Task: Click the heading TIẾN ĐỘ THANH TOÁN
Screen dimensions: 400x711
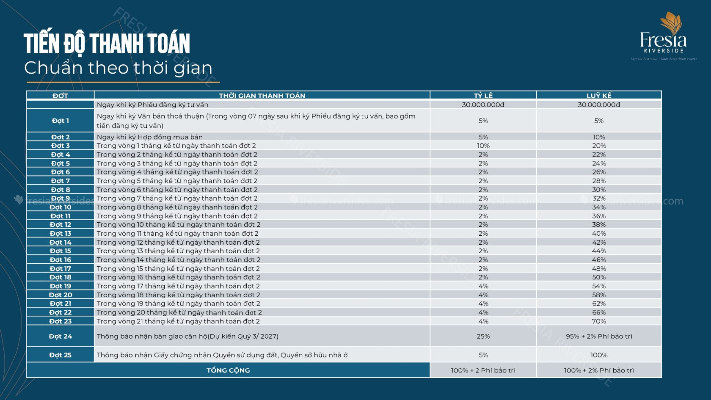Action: (x=107, y=43)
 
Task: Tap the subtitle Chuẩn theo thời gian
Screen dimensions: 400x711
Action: (x=118, y=68)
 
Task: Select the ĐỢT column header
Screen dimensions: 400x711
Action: (x=60, y=96)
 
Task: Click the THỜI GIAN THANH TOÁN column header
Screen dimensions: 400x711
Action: (x=262, y=96)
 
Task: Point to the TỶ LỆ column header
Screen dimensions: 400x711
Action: (x=483, y=96)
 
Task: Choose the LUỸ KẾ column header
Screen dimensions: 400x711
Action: (x=599, y=96)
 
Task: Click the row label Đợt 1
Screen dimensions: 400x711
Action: (x=60, y=121)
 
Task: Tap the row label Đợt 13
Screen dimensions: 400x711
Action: (x=61, y=233)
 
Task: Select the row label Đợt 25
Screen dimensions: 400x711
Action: (x=60, y=355)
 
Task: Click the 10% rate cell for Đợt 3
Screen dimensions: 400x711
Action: (x=483, y=146)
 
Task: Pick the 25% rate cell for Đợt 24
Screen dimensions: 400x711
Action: (x=483, y=336)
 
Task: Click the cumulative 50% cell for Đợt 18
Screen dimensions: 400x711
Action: (x=599, y=277)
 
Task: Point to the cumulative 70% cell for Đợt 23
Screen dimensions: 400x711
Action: (x=599, y=321)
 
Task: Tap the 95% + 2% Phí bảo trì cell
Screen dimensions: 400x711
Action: (x=599, y=336)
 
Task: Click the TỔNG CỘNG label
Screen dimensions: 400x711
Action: (x=228, y=370)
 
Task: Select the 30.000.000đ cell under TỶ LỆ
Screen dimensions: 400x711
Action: (x=483, y=105)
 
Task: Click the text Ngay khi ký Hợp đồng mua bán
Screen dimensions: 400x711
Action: (x=149, y=137)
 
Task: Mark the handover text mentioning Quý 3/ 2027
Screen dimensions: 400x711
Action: (x=187, y=336)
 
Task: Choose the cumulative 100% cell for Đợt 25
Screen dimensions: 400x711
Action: (x=599, y=355)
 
